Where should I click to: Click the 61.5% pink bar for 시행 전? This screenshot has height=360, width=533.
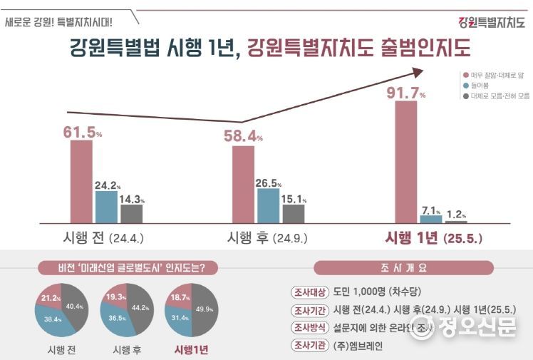click(81, 182)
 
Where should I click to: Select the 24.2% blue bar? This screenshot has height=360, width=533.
click(106, 207)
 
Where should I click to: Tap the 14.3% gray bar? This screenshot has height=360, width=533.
click(131, 214)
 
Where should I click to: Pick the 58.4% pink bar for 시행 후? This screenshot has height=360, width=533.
click(244, 185)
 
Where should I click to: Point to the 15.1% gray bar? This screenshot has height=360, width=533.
click(293, 213)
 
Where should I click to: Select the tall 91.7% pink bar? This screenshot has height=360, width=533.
click(405, 162)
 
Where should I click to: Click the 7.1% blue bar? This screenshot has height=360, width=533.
click(430, 220)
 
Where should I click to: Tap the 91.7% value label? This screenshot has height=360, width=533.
click(405, 92)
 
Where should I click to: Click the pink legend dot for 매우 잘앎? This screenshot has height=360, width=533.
click(465, 74)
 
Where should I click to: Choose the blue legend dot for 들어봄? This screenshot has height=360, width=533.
click(465, 85)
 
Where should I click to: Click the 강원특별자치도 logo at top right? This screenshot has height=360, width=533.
click(491, 21)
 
